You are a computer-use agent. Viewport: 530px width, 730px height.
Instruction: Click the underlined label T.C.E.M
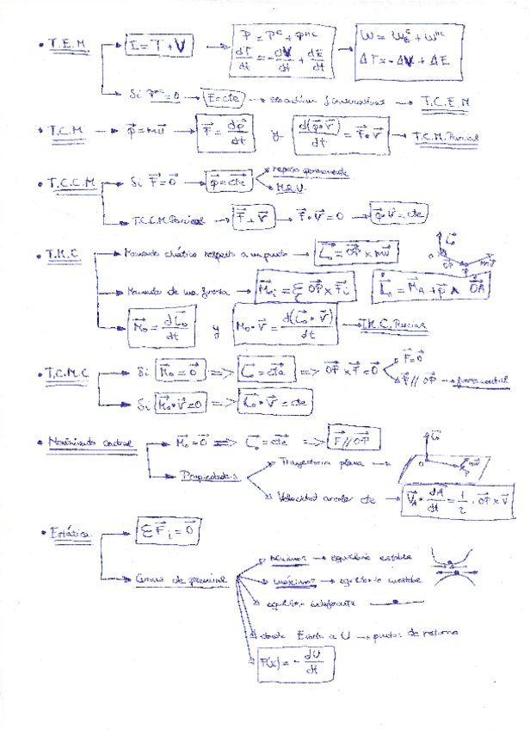[446, 102]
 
